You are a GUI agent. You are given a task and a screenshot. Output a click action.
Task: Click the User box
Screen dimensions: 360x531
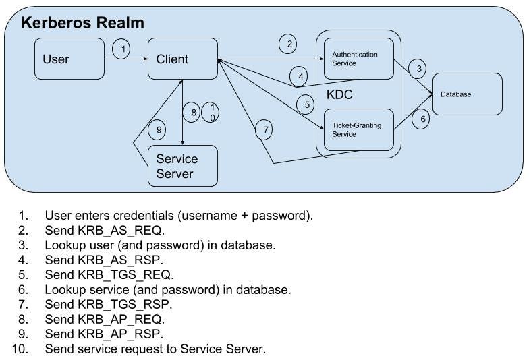tap(69, 59)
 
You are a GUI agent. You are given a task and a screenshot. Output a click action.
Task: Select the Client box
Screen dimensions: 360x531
tap(182, 59)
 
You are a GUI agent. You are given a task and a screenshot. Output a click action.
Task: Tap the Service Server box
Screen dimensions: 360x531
tap(182, 166)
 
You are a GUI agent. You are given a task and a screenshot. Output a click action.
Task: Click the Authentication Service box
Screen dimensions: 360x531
tap(358, 59)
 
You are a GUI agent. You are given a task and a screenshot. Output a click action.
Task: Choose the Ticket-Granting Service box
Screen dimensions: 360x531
tap(358, 129)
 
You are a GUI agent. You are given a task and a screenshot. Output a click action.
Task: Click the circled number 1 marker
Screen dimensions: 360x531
tap(121, 49)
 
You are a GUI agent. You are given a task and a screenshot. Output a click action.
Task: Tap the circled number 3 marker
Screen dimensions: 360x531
tap(420, 68)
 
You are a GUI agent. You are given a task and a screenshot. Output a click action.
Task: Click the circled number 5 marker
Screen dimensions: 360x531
tap(307, 105)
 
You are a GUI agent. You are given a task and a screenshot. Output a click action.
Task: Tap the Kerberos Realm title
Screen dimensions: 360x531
tap(82, 23)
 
